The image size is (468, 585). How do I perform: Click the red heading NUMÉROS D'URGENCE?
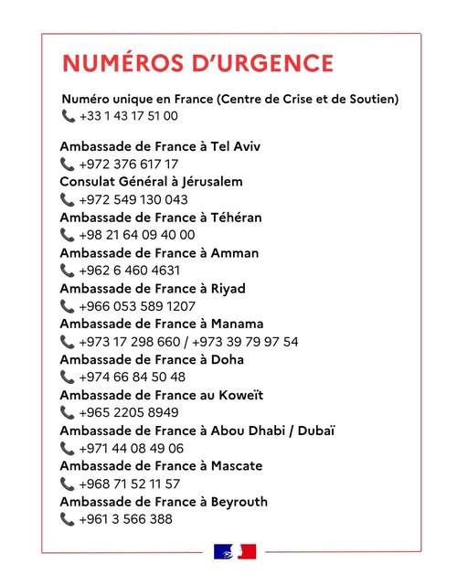(197, 63)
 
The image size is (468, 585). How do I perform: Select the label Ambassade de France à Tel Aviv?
(153, 146)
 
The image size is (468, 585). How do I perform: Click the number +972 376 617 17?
(129, 165)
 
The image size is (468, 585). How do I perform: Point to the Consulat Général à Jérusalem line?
(151, 182)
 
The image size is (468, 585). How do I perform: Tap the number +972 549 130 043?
(133, 200)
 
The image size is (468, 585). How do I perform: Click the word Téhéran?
(232, 218)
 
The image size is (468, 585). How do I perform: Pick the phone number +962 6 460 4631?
(130, 271)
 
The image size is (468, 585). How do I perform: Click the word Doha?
(228, 359)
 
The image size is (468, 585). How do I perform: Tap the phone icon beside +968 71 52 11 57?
(68, 484)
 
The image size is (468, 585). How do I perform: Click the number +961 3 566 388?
(125, 519)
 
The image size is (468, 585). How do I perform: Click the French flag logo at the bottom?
(235, 551)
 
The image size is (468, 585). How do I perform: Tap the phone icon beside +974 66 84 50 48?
(68, 378)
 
